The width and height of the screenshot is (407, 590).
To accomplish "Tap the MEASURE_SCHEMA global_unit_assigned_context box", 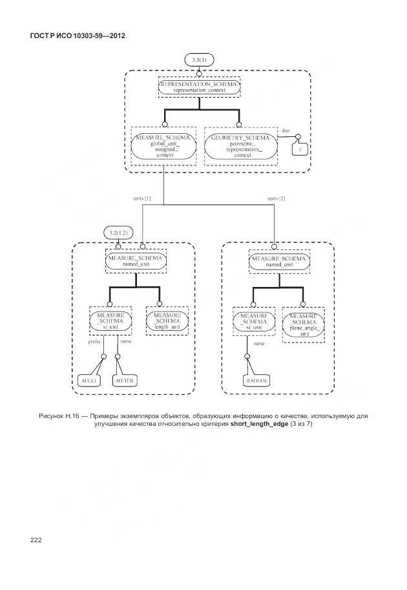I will pos(163,146).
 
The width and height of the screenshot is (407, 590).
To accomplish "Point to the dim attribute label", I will pos(286,131).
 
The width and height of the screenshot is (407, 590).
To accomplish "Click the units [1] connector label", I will pos(142,198).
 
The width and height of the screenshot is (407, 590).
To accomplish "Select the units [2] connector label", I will pos(276,198).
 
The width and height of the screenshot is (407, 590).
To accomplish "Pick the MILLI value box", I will pos(87,381).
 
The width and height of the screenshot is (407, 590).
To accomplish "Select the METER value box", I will pos(124,381).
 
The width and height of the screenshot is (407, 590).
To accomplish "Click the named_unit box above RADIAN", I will pos(279,262).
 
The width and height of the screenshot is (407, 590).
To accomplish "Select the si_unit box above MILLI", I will pos(110,321).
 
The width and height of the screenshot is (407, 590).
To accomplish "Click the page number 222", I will pos(35,540).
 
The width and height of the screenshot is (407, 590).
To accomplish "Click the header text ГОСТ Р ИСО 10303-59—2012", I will pos(78,35).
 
